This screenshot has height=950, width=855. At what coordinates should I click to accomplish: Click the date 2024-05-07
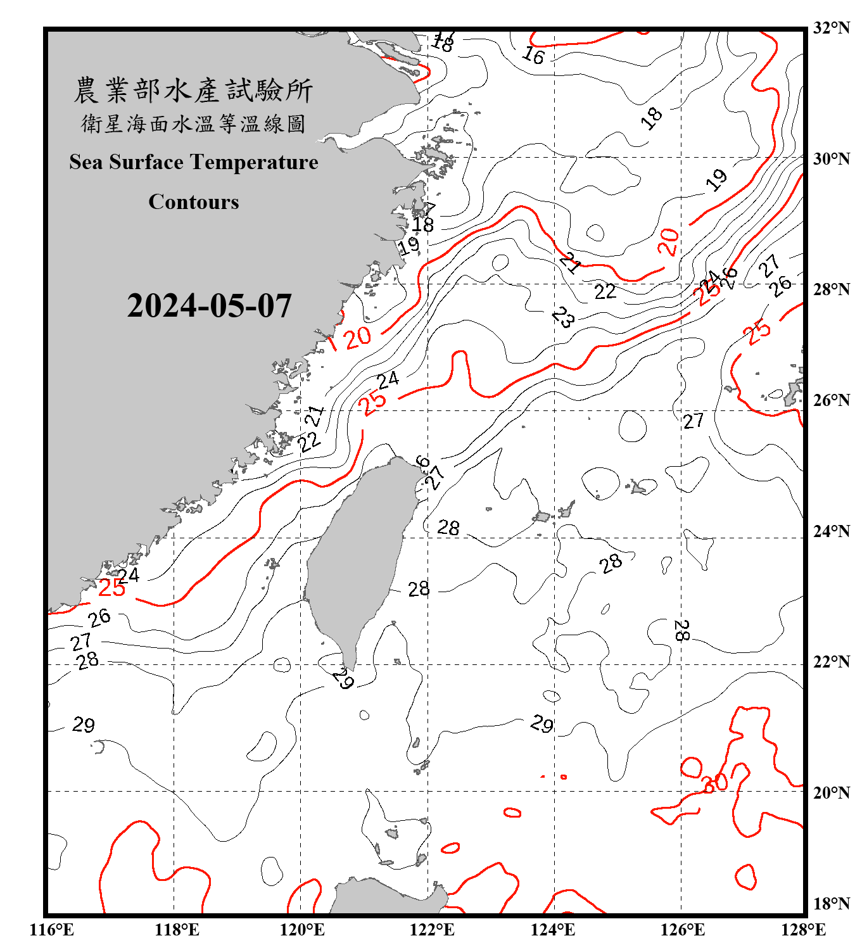209,306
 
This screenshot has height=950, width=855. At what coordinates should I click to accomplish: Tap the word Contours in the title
194,202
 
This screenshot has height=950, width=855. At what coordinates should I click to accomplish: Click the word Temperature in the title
255,162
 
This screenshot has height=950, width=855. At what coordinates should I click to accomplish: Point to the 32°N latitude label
831,28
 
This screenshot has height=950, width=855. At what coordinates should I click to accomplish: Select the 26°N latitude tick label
831,400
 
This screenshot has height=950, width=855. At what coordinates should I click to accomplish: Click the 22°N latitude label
831,662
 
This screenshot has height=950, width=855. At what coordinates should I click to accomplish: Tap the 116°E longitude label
52,930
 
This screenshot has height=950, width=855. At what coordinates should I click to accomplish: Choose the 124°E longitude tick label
553,930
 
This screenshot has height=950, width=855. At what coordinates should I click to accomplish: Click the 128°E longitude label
803,930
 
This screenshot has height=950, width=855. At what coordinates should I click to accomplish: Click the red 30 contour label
716,783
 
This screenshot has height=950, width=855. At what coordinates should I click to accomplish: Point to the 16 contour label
533,56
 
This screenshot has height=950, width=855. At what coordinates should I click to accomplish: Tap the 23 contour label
563,317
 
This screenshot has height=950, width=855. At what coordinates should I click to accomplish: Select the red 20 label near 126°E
669,242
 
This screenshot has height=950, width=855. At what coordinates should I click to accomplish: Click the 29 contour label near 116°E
84,724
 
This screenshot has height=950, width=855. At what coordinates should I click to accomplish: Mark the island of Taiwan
358,557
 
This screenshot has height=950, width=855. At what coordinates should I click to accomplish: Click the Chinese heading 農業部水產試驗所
193,91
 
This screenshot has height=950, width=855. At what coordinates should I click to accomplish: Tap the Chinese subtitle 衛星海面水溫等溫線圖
193,123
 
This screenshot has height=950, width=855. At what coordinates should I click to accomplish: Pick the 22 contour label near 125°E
605,291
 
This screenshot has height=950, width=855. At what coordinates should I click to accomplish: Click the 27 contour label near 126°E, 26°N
693,421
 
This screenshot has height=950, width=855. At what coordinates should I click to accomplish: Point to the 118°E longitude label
177,930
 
